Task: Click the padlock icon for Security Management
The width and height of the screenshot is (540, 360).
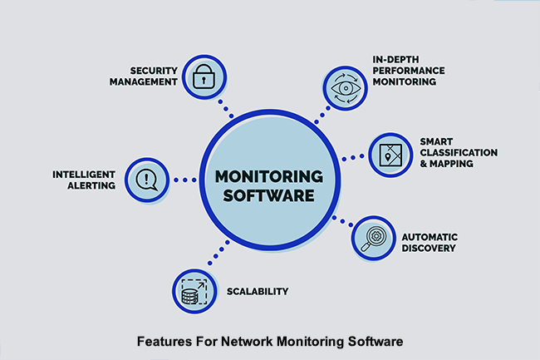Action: coord(203,78)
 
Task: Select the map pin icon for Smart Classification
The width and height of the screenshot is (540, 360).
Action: coord(390,155)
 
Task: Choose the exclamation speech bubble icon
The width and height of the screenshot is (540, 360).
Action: coord(147,178)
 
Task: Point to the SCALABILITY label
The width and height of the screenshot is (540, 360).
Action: coord(258,292)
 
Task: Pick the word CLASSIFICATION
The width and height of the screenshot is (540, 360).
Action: coord(459,153)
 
